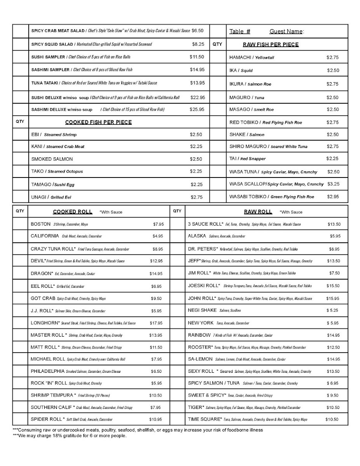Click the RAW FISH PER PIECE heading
pyautogui.click(x=271, y=45)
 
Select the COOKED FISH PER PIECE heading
pyautogui.click(x=98, y=122)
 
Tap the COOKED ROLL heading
pyautogui.click(x=73, y=212)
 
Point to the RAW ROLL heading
pyautogui.click(x=258, y=212)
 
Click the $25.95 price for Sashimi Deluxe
pyautogui.click(x=197, y=110)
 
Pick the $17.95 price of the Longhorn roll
pyautogui.click(x=156, y=323)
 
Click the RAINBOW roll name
pyautogui.click(x=199, y=335)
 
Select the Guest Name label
pyautogui.click(x=287, y=31)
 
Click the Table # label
pyautogui.click(x=240, y=31)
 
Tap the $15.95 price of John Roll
pyautogui.click(x=332, y=299)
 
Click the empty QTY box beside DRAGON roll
pyautogui.click(x=20, y=274)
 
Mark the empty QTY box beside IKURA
pyautogui.click(x=218, y=84)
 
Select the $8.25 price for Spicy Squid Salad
pyautogui.click(x=198, y=44)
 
